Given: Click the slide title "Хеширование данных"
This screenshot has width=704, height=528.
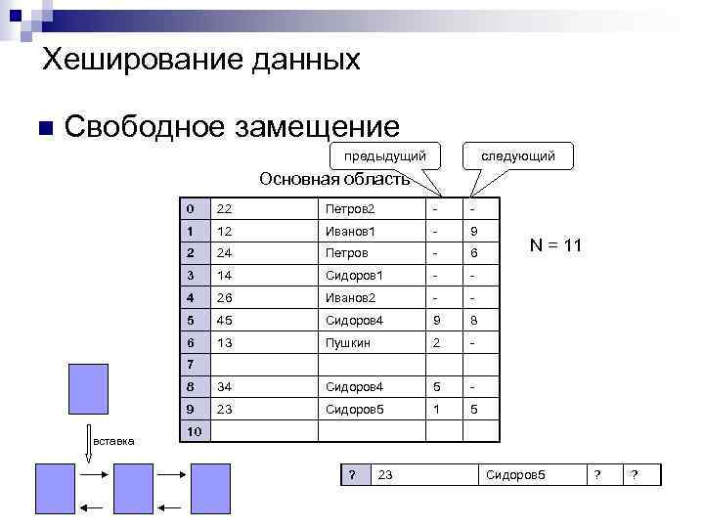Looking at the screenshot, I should [x=201, y=61].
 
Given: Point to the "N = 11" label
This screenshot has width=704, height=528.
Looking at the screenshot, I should [x=555, y=245].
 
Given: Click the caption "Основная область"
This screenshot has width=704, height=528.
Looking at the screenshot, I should [x=333, y=179].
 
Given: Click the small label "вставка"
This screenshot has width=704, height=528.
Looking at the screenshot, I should [x=113, y=441].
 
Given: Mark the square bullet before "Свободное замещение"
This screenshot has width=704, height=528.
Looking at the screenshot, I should [x=42, y=128].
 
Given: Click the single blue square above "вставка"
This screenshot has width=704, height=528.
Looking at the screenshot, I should [x=88, y=389].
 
